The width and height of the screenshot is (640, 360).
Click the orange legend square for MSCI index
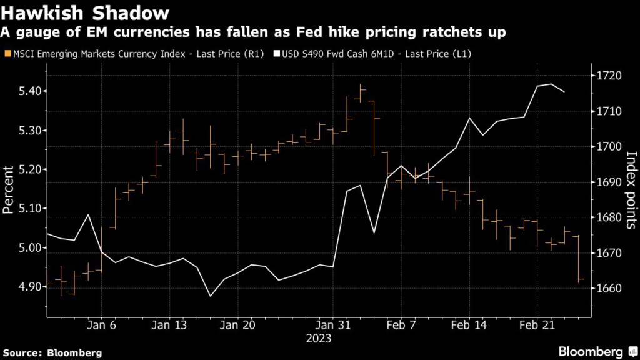click(x=7, y=54)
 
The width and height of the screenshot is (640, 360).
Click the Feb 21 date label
click(x=536, y=325)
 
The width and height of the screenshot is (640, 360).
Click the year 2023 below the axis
click(x=319, y=338)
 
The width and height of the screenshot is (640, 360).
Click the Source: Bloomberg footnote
click(x=52, y=352)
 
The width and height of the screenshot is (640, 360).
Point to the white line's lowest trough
click(x=210, y=296)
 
